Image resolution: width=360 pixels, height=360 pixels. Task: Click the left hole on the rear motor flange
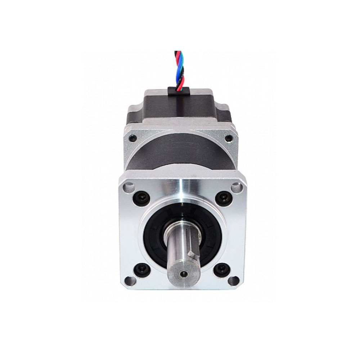click(133, 138)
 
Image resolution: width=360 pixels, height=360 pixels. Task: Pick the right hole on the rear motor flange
click(228, 138)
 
